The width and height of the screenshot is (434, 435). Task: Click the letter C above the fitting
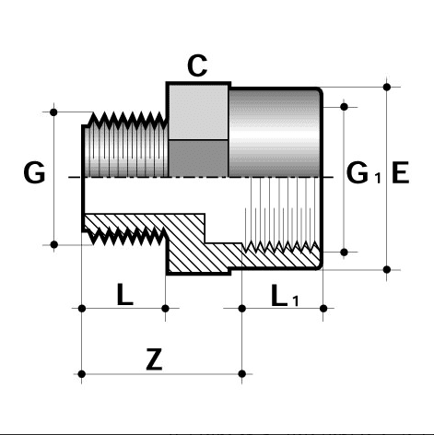click(196, 65)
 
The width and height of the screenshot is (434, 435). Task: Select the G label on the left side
click(34, 173)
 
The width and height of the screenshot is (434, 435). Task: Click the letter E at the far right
click(400, 172)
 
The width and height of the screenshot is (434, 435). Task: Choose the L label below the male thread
click(124, 296)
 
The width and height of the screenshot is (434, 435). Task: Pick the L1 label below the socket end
click(285, 297)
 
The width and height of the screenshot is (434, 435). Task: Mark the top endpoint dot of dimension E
click(387, 88)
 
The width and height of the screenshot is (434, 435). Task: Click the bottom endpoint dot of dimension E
click(387, 269)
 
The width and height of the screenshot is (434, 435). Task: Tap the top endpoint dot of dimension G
click(55, 112)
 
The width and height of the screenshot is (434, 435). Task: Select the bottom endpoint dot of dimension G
click(55, 244)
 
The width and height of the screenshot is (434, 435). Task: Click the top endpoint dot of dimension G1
click(346, 107)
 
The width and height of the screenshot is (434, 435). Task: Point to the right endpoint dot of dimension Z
click(242, 373)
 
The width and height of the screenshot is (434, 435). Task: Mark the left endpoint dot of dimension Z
click(83, 373)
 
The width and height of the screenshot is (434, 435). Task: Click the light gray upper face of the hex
click(197, 111)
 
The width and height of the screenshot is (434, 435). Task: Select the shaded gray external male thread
click(124, 147)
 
